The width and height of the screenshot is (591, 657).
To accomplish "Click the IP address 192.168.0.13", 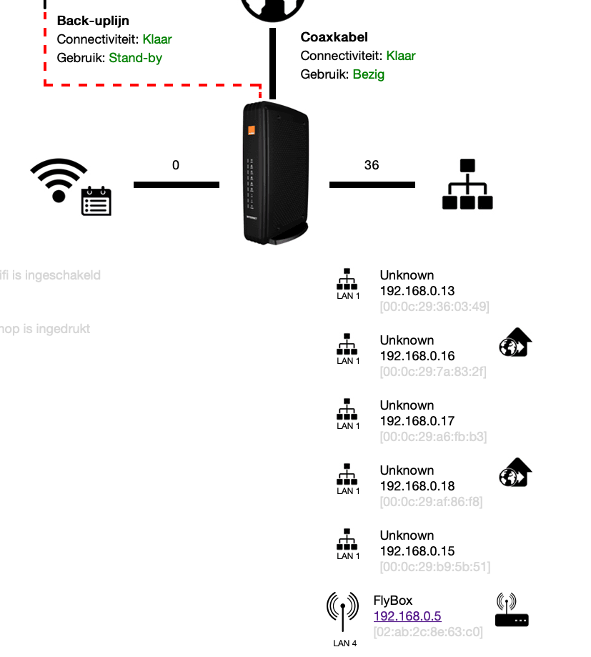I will click(417, 291).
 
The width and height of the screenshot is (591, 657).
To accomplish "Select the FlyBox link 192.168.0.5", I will click(407, 616).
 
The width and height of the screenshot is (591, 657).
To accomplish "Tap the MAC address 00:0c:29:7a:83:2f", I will click(434, 372).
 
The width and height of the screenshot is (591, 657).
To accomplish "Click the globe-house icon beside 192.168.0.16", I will click(515, 343).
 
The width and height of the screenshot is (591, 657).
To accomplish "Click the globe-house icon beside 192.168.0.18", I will click(515, 473).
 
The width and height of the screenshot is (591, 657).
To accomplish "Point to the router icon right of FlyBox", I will click(512, 610).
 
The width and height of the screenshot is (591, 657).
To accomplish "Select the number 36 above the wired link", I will click(372, 165).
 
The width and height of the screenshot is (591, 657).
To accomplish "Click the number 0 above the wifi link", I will click(176, 165).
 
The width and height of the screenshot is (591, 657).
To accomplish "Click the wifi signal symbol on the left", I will click(58, 178).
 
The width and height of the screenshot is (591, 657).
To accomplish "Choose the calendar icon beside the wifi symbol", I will click(96, 201).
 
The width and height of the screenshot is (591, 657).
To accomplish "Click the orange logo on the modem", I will click(252, 131).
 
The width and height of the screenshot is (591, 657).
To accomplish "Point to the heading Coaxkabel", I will click(334, 37).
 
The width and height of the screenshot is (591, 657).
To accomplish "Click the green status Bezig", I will click(368, 74).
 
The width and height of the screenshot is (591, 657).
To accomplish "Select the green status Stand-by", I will click(135, 58).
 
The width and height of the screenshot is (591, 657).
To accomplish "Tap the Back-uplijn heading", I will click(93, 21).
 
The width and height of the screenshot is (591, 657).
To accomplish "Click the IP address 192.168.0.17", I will click(417, 421).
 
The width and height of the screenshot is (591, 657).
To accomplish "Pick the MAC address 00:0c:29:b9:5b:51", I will click(434, 567).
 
